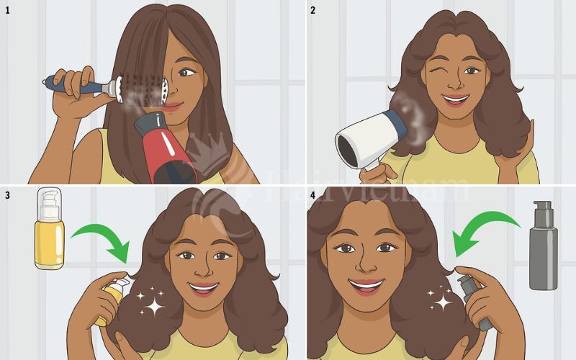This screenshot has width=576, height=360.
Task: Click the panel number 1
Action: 7,9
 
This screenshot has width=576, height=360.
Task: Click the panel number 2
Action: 312,9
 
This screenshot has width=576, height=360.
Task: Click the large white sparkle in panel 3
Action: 153,306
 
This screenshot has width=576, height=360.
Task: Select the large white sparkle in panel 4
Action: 442,301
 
